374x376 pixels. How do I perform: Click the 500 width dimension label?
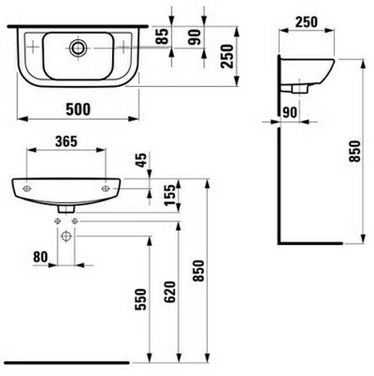tap(78, 109)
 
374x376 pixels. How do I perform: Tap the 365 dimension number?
tap(67, 141)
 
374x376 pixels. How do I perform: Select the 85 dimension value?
tap(162, 36)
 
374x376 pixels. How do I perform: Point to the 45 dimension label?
tap(141, 160)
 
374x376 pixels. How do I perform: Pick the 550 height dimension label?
tap(140, 299)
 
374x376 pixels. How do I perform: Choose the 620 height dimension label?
tap(169, 292)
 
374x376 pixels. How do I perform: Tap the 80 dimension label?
tap(41, 257)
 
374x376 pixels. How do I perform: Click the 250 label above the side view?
tap(307, 22)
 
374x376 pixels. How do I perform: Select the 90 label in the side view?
tap(290, 113)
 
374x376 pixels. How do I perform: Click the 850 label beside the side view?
tap(354, 151)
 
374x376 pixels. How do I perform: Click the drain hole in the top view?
tap(78, 48)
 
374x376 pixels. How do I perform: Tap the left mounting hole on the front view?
tap(27, 188)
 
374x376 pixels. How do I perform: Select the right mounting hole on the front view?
tap(105, 188)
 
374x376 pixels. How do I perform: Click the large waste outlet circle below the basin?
tap(66, 237)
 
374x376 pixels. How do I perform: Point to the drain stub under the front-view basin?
tap(67, 209)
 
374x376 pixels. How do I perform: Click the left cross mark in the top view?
tap(33, 47)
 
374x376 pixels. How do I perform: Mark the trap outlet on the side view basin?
tap(300, 89)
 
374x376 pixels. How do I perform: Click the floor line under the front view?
tap(67, 363)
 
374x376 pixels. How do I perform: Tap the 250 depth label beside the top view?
tap(227, 56)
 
